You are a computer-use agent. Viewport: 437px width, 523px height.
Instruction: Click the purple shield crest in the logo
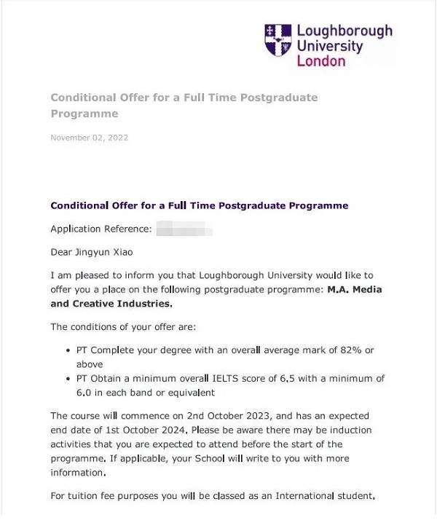click(278, 41)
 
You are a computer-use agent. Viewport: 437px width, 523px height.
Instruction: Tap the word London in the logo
click(321, 61)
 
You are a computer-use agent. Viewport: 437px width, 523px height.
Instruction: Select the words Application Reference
click(101, 229)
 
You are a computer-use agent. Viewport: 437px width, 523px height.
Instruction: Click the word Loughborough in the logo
click(344, 31)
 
